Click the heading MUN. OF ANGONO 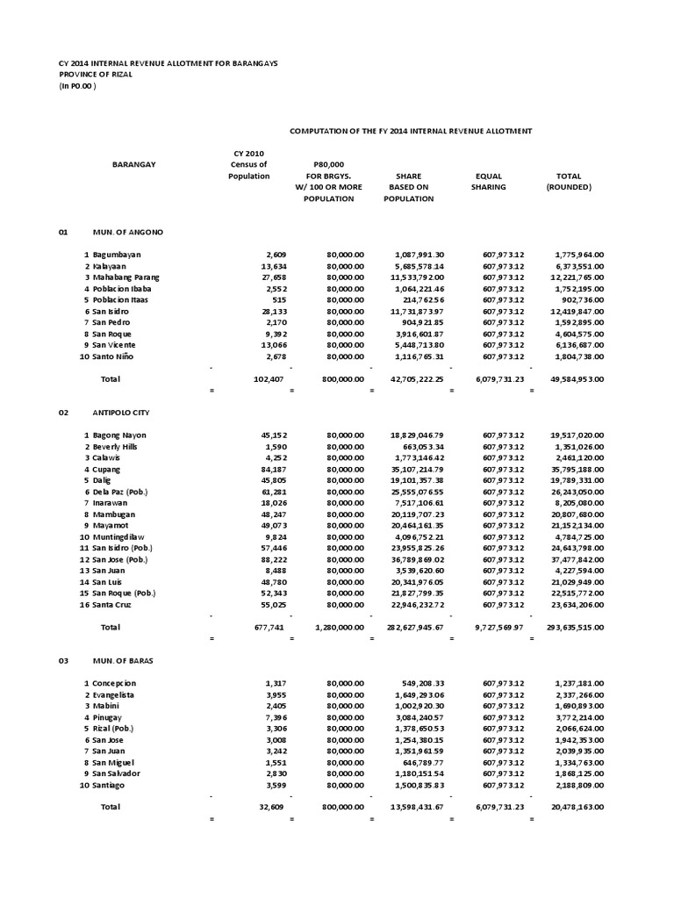127,232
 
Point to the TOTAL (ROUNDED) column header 569,182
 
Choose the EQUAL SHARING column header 488,182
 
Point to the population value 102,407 257,378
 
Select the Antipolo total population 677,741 257,628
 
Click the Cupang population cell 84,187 259,469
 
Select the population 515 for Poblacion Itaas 264,299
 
